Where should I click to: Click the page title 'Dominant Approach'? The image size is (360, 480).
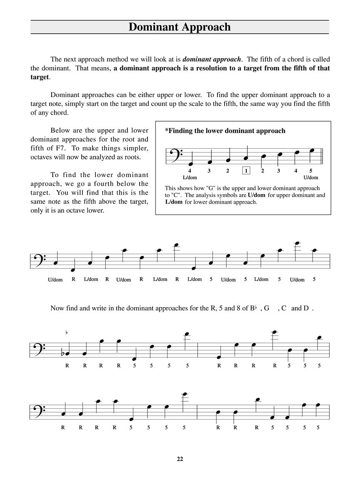coord(180,27)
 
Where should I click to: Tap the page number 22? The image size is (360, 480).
coord(180,459)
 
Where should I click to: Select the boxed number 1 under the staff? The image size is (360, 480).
coord(246,170)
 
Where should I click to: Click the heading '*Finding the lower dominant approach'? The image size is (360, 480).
coord(225,131)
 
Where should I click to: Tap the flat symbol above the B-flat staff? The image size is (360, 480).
coord(67,332)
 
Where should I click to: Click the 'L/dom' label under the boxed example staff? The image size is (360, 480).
coord(189,177)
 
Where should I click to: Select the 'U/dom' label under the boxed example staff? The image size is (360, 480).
coord(311,177)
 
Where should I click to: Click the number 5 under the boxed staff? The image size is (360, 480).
coord(311,170)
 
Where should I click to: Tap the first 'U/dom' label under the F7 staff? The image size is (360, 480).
coord(55,280)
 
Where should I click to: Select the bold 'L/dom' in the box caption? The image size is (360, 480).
coord(174,202)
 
